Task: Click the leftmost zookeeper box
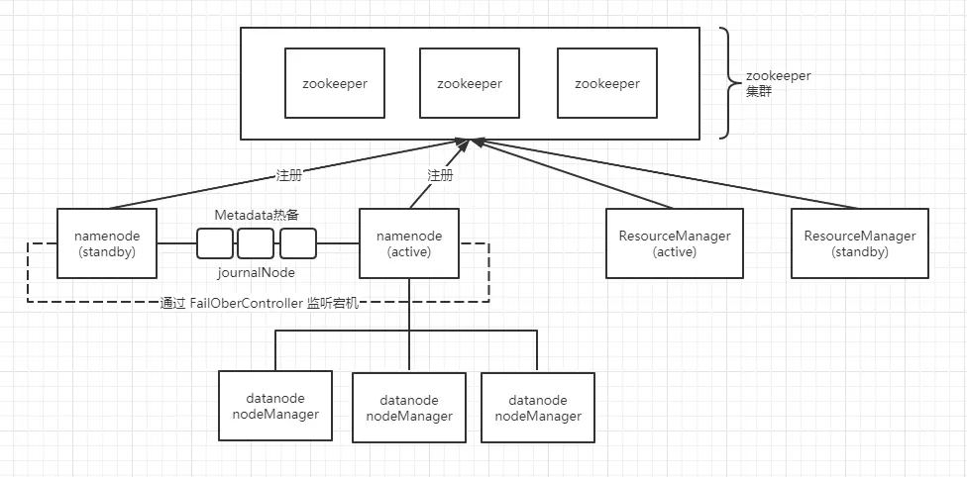click(334, 83)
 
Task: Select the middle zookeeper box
click(469, 83)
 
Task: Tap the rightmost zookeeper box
click(606, 83)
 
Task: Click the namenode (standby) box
click(106, 243)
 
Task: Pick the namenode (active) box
click(408, 243)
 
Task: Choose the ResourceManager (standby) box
click(859, 243)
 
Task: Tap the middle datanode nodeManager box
click(409, 408)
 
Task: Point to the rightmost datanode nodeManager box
click(537, 408)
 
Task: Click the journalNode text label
click(256, 271)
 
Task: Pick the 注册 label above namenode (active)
click(440, 175)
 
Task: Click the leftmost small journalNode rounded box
click(214, 242)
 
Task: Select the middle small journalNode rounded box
click(256, 242)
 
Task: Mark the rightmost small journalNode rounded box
click(297, 242)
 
